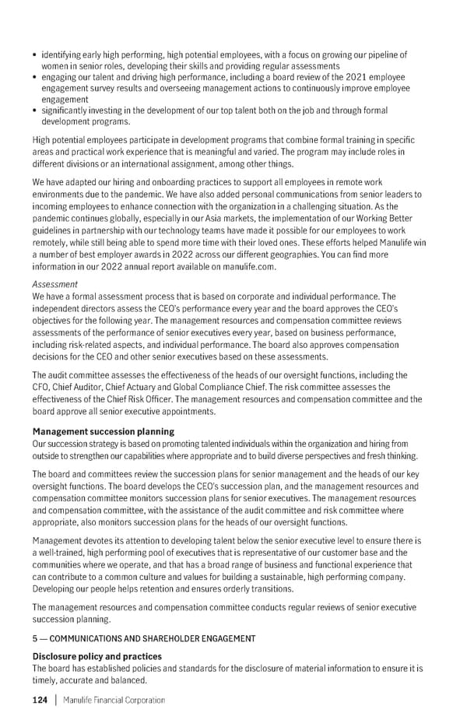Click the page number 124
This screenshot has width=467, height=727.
click(40, 700)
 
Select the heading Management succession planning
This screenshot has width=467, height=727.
click(103, 431)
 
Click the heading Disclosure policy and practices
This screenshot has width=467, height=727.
click(97, 656)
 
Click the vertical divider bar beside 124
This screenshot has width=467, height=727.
click(57, 700)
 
